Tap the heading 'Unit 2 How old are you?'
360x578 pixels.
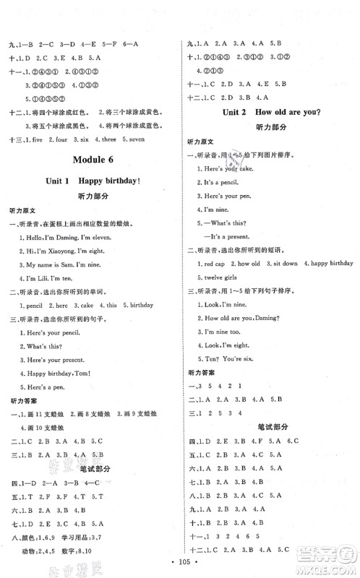(267, 113)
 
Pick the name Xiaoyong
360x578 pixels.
(71, 259)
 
